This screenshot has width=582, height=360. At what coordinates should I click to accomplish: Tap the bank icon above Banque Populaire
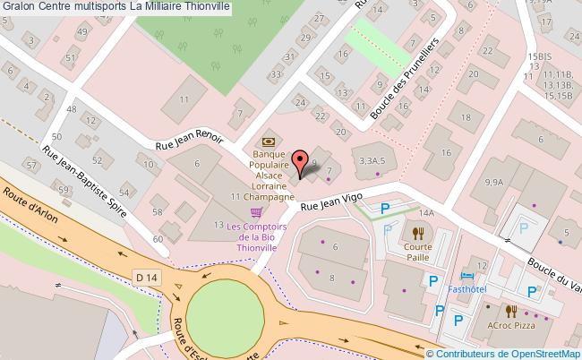267,141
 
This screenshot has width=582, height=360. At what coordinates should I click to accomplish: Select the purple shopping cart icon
257,212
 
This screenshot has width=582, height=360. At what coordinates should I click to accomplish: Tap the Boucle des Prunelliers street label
403,80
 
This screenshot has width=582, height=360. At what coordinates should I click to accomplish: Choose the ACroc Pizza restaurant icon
511,312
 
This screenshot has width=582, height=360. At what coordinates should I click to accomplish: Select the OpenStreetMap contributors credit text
510,353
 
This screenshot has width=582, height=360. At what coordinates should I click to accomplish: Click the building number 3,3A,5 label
372,160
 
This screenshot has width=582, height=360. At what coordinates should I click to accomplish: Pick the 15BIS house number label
539,56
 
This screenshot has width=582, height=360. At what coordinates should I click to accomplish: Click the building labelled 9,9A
493,182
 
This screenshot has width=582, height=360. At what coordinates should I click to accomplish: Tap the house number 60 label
158,240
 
